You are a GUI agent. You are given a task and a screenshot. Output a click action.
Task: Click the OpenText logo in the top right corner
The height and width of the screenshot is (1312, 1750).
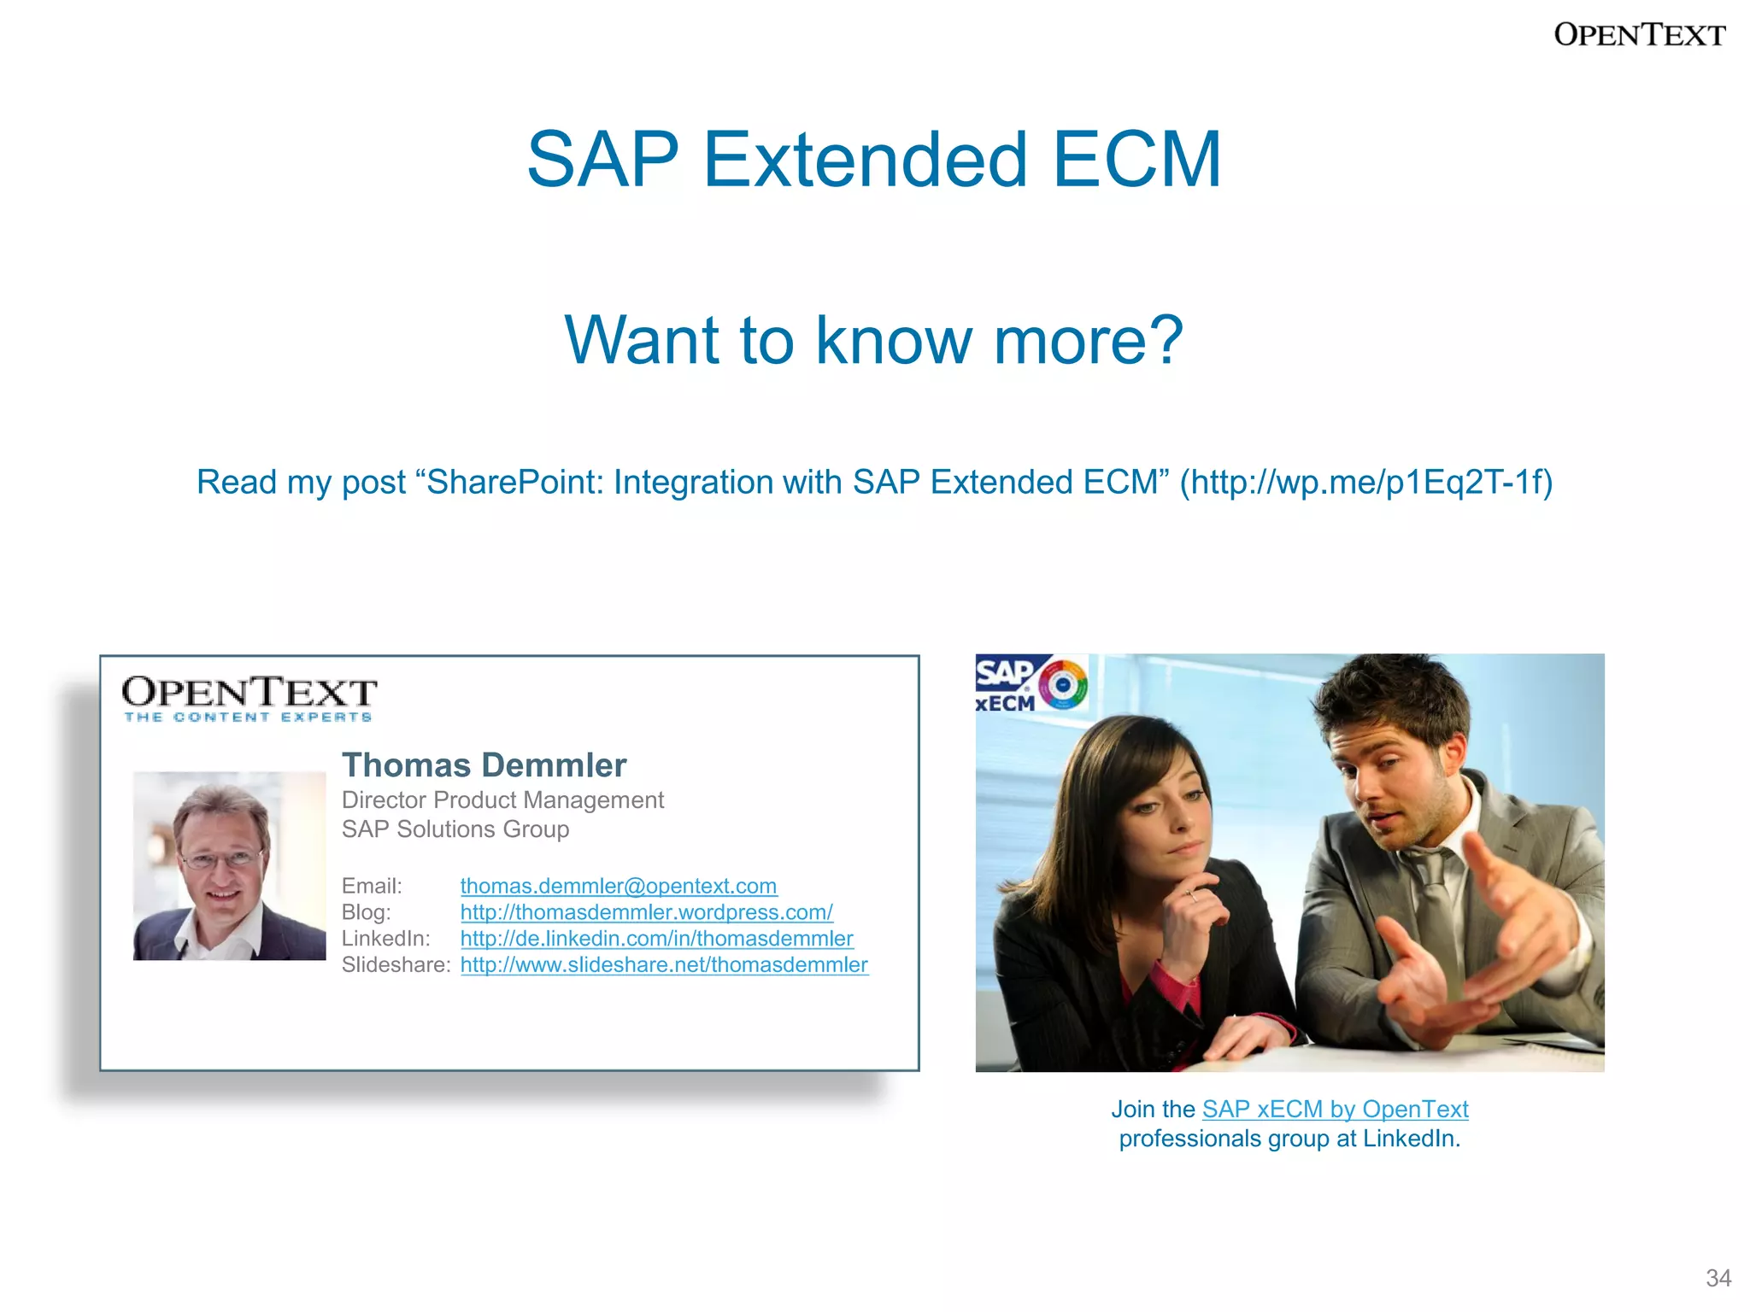1639,35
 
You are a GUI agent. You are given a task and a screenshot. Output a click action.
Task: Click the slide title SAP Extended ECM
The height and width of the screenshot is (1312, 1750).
874,160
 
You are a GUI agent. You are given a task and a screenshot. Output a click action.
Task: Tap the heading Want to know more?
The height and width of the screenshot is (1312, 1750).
874,340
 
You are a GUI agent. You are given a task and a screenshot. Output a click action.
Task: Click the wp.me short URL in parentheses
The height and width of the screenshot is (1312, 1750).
1365,483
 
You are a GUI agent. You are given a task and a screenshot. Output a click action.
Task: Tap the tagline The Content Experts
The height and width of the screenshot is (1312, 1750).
248,717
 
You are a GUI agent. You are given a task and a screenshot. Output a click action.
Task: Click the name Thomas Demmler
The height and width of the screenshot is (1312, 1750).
484,765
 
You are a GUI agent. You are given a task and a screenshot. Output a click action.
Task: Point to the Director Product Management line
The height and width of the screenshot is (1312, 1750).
502,800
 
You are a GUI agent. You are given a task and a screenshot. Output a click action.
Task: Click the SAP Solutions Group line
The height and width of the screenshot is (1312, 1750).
455,829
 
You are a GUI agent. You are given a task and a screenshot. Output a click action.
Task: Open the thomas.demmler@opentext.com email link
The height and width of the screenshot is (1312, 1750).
618,886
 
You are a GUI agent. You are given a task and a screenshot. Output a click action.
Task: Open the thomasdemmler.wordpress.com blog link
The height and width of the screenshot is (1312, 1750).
646,912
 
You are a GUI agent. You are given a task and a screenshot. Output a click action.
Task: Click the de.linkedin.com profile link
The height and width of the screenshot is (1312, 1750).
656,939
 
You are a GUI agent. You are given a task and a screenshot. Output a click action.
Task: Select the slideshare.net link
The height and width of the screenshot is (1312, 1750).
664,965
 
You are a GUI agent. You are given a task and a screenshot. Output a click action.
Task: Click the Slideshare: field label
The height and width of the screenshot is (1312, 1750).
396,965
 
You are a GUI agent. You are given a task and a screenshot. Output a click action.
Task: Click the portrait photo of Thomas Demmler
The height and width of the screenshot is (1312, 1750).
229,865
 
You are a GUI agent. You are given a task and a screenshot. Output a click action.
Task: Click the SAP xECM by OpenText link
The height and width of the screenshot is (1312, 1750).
1335,1110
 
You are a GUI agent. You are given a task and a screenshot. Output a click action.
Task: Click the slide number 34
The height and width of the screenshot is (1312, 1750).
1718,1278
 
